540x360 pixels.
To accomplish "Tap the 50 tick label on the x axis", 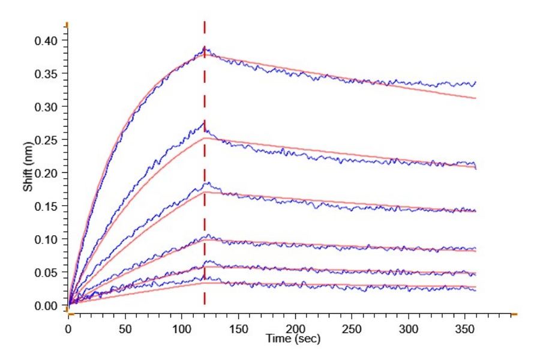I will tap(125, 329).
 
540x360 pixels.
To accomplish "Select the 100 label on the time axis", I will tap(182, 329).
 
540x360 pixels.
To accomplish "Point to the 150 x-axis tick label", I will tap(239, 329).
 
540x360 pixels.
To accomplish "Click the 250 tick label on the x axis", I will tap(352, 329).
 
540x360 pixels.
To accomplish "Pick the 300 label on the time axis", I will tap(409, 329).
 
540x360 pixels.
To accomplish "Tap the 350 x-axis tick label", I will tap(466, 329).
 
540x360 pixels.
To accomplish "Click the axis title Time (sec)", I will tap(293, 339).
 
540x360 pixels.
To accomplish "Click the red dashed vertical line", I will tap(205, 180).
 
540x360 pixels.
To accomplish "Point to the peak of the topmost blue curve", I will tap(205, 47).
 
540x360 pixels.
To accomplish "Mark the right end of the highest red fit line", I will tap(476, 98).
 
